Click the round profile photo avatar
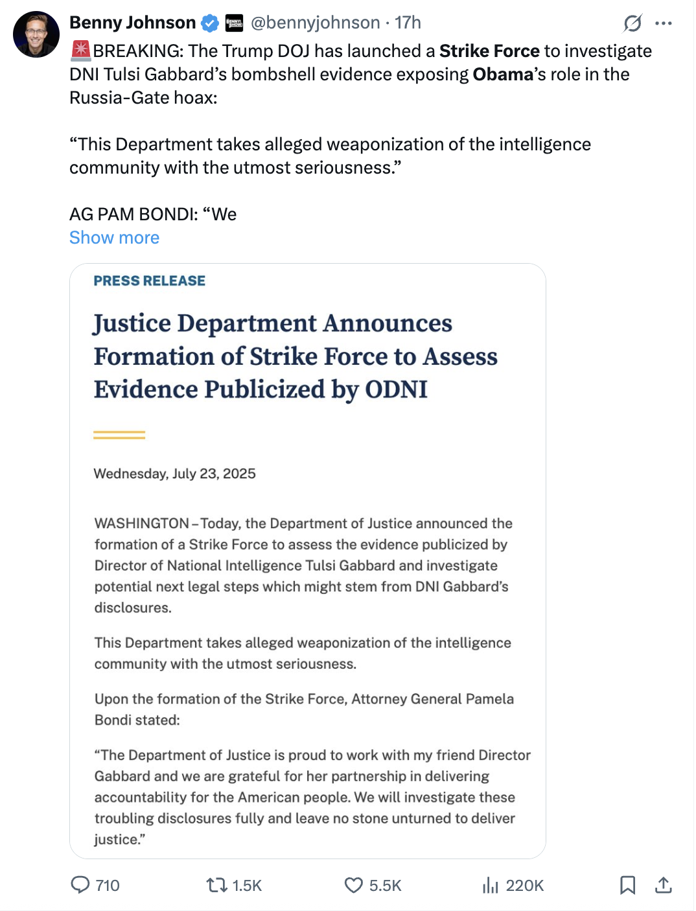pos(36,34)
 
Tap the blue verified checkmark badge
pos(210,23)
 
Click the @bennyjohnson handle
pos(315,23)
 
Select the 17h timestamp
pos(408,23)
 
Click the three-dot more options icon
pos(664,23)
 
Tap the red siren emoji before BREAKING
pos(81,51)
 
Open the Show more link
pos(114,238)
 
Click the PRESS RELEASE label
pos(150,281)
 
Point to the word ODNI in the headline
pos(396,389)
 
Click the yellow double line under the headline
pos(119,435)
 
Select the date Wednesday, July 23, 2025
pos(174,474)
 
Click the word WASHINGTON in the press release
pos(142,524)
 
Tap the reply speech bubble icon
pos(80,884)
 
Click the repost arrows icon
pos(216,884)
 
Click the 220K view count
pos(524,886)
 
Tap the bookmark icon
pos(627,884)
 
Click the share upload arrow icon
pos(663,884)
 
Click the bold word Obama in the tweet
pos(503,75)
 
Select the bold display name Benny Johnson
pos(133,23)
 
